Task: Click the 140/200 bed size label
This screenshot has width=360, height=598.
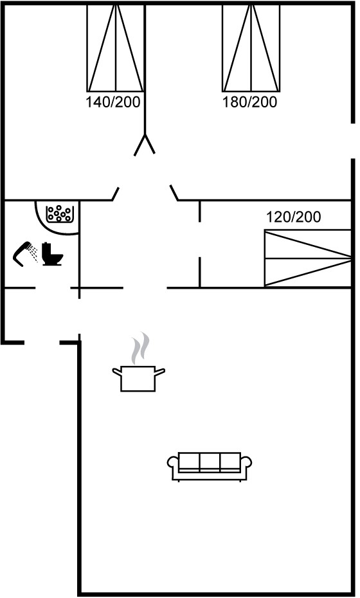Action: (x=113, y=102)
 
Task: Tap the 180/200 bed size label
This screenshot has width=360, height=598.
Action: (x=249, y=102)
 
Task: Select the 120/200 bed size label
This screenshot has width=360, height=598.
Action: (x=293, y=217)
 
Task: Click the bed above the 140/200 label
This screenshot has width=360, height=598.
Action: (x=116, y=48)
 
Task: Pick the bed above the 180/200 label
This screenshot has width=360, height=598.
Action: (x=251, y=48)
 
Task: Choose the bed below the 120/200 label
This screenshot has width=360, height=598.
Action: (x=307, y=258)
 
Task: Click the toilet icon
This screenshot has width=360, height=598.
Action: (x=52, y=253)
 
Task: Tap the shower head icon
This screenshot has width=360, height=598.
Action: (x=25, y=253)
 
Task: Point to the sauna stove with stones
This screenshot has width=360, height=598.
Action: (x=59, y=214)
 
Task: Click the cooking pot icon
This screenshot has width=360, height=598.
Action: (x=138, y=378)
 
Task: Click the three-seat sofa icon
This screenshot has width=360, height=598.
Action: (x=210, y=466)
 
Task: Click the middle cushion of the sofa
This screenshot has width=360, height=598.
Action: (x=210, y=462)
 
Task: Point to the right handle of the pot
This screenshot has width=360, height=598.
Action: (x=160, y=371)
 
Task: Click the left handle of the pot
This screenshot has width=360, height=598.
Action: (x=117, y=371)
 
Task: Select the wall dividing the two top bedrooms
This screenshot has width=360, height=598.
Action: (x=145, y=69)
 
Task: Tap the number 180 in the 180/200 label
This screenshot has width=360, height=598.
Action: (x=233, y=102)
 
